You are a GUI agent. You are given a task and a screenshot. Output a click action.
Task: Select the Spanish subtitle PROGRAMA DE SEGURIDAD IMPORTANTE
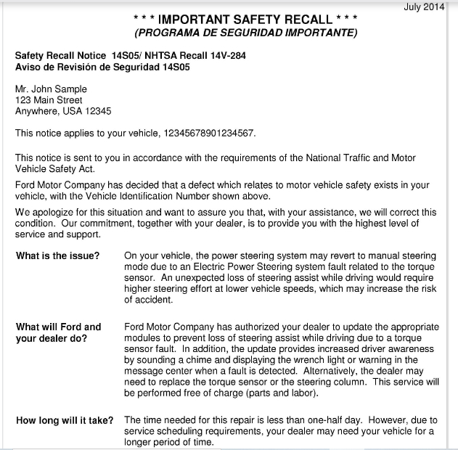pyautogui.click(x=246, y=33)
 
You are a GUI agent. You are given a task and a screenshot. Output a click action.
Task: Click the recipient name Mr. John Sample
pyautogui.click(x=51, y=89)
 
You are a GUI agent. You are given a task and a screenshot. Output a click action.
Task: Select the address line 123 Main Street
pyautogui.click(x=49, y=100)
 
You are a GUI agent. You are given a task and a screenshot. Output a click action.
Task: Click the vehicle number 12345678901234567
pyautogui.click(x=208, y=134)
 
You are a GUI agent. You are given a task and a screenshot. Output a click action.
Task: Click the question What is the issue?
pyautogui.click(x=58, y=256)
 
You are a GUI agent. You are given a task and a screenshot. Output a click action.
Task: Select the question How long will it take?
pyautogui.click(x=65, y=420)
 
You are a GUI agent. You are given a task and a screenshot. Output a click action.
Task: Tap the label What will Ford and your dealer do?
pyautogui.click(x=59, y=332)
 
